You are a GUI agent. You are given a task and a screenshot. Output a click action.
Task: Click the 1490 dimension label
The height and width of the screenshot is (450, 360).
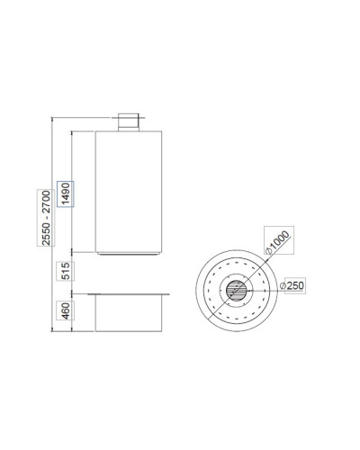coord(66,193)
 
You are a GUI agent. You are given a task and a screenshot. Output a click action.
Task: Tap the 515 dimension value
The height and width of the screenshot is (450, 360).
coord(66,271)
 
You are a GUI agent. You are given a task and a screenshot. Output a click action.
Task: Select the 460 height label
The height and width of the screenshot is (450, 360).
coord(66,310)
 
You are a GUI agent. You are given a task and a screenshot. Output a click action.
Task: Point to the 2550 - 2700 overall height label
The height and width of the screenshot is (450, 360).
coord(46,218)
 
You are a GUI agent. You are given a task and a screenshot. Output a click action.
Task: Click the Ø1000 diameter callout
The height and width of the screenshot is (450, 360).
coord(277,242)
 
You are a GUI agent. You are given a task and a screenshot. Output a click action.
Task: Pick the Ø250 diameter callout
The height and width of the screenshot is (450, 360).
coord(292,285)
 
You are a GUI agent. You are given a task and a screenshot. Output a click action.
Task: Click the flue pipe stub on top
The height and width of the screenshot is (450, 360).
coord(129,122)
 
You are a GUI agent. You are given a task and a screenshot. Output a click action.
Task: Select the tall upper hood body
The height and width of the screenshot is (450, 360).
coord(129,192)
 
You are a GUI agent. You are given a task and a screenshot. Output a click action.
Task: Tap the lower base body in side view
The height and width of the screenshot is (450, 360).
coord(129,313)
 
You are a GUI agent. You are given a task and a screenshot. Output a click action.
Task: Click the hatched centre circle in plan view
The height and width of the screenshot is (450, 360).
coord(237,291)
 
